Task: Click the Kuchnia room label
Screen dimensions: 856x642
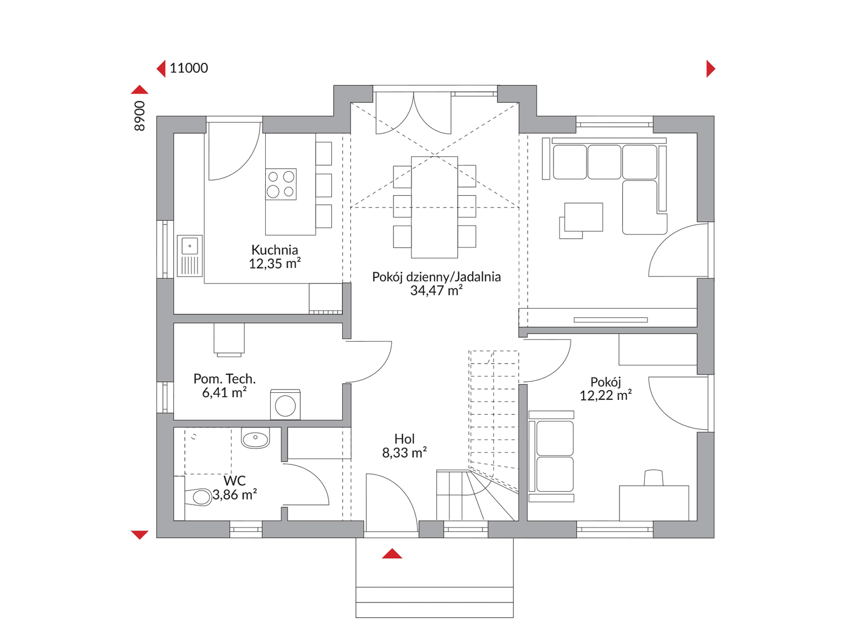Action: (275, 250)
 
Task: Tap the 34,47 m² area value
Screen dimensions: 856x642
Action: (436, 291)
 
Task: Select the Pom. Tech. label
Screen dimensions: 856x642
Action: (224, 379)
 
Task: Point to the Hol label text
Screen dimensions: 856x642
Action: (404, 440)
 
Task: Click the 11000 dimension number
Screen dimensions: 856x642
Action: (189, 68)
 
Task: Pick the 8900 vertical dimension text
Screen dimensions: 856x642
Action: (140, 116)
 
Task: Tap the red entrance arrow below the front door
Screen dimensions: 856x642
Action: (392, 553)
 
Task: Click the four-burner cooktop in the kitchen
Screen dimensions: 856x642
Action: (281, 184)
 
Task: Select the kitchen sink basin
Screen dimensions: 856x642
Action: (190, 246)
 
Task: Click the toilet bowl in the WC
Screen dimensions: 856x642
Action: (199, 497)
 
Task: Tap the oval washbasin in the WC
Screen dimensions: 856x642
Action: (255, 438)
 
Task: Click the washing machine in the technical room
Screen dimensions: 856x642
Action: (285, 404)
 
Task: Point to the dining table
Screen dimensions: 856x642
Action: (435, 207)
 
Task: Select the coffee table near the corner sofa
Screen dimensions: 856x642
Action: (583, 217)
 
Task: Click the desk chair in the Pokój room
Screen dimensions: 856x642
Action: (654, 478)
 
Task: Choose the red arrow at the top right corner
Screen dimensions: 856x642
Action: (711, 69)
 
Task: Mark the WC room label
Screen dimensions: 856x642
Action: (234, 481)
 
